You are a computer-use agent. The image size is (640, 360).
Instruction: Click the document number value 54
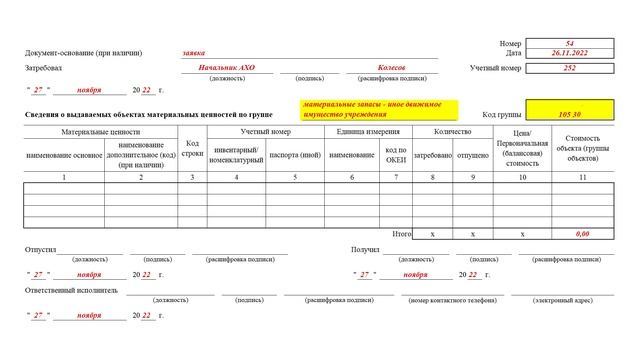click(570, 44)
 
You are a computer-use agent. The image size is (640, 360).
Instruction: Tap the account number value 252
click(570, 68)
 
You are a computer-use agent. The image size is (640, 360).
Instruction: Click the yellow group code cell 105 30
click(570, 114)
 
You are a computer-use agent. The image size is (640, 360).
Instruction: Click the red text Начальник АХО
click(228, 68)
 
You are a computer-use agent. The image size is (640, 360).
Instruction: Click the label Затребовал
click(43, 68)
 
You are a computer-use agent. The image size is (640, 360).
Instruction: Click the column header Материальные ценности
click(100, 132)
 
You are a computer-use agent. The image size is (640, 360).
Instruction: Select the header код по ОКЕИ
click(397, 154)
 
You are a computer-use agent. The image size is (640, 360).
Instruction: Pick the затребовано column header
click(432, 155)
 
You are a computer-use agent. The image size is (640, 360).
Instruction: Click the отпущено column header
click(471, 155)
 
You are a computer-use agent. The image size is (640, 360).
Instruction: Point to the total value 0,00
click(582, 233)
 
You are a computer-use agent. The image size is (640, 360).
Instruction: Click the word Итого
click(402, 233)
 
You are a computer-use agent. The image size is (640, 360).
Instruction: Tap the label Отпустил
click(40, 249)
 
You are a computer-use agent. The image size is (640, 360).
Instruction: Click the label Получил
click(365, 249)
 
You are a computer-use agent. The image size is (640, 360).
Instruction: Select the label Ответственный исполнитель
click(71, 290)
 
